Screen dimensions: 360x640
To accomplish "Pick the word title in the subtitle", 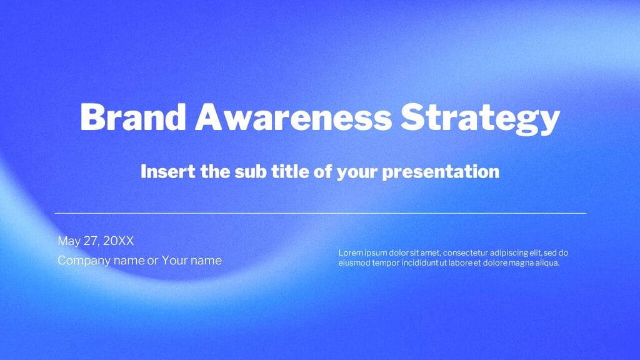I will (x=290, y=171).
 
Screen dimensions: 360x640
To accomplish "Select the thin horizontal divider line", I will (x=320, y=213).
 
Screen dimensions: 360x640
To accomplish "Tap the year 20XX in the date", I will (x=119, y=241).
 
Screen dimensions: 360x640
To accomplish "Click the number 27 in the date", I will (x=91, y=241).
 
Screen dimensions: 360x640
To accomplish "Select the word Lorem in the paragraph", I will (x=351, y=253).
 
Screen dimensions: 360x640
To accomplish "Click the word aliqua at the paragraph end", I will (x=546, y=263).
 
